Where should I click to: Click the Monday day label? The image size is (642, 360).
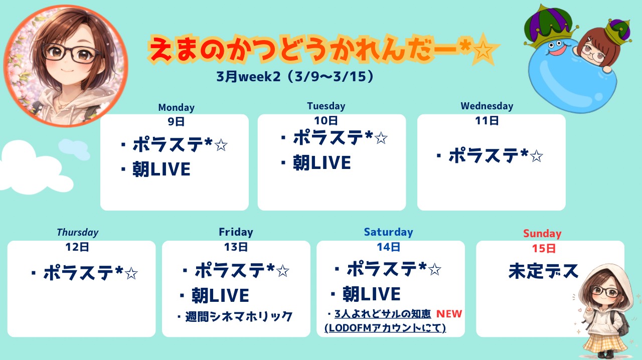(176, 107)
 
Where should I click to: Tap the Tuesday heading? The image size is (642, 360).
(326, 106)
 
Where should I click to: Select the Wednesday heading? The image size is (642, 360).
(487, 106)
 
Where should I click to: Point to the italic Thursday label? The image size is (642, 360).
(78, 233)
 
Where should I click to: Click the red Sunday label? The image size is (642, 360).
(542, 234)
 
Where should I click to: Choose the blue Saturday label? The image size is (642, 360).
(388, 232)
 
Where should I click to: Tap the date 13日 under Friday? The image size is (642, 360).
(236, 247)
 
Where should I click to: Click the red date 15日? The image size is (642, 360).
(544, 248)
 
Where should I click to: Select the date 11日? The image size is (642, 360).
(487, 121)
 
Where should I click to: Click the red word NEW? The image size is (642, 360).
(449, 314)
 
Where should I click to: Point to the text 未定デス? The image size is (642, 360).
(543, 271)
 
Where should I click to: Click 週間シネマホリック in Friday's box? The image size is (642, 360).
(238, 317)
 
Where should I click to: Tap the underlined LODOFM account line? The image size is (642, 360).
(385, 328)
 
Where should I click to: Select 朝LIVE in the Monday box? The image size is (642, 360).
(162, 169)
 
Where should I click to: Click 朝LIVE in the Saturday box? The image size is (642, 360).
(372, 294)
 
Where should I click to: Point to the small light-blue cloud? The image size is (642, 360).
(74, 149)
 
